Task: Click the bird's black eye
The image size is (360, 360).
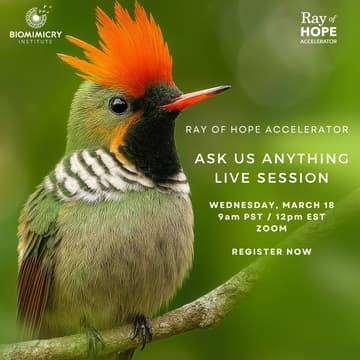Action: tap(118, 104)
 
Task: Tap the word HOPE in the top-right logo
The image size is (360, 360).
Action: tap(318, 31)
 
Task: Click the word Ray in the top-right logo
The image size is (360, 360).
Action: tap(312, 18)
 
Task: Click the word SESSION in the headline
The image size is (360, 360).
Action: tap(289, 177)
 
